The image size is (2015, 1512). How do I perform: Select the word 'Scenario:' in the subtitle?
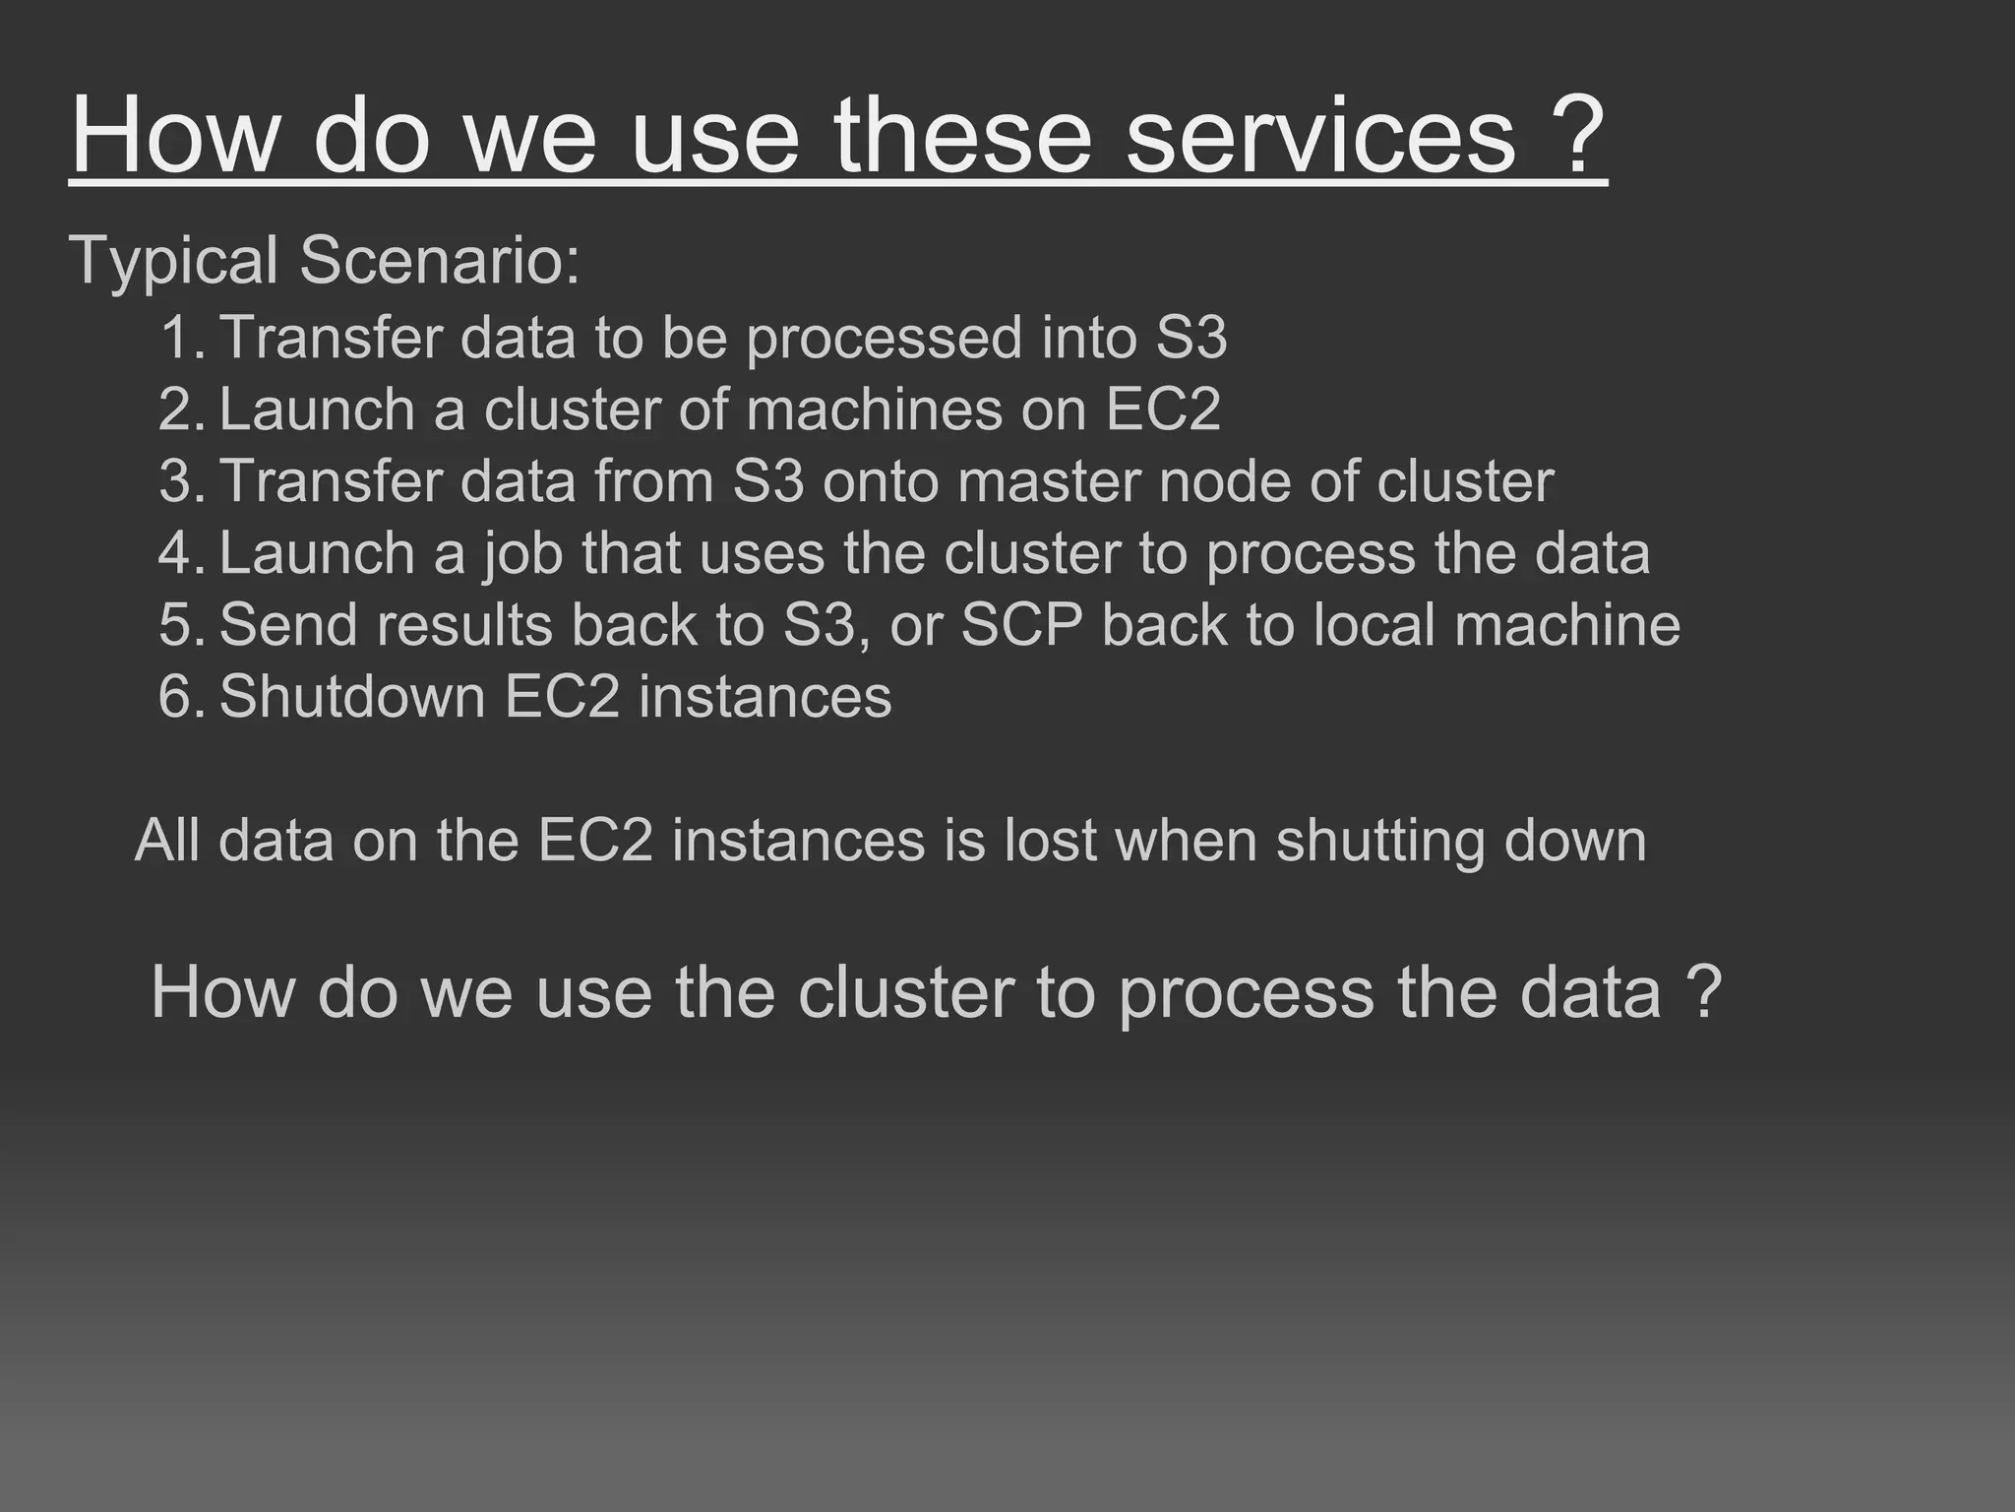point(440,261)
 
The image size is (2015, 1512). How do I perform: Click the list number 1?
point(179,338)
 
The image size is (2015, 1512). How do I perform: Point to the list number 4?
point(179,553)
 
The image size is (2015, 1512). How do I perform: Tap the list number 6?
point(179,697)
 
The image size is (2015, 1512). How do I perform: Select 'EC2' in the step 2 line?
point(1163,409)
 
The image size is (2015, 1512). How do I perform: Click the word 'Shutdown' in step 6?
point(352,697)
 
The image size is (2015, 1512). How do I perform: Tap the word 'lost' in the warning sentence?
point(1049,841)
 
